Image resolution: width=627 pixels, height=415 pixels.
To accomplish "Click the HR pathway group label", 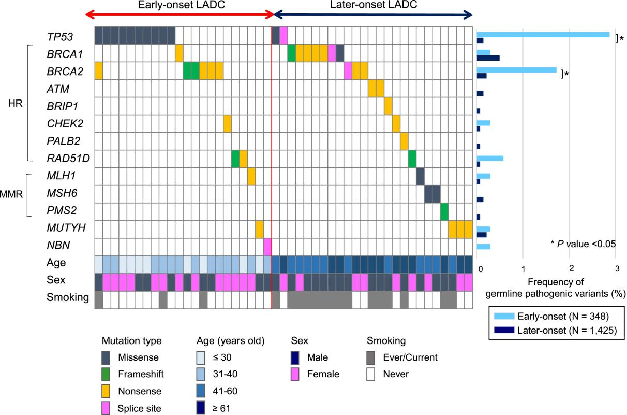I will [14, 104].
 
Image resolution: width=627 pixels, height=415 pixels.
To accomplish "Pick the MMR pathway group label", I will [12, 194].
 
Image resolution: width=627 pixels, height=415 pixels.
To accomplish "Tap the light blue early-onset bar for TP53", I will [543, 34].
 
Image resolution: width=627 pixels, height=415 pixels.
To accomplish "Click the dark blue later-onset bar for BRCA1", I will [488, 58].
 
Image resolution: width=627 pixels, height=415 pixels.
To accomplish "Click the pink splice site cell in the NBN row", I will [267, 247].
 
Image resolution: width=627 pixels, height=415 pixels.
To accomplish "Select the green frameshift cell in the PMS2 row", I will [444, 211].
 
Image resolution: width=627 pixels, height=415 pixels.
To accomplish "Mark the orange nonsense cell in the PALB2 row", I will [404, 141].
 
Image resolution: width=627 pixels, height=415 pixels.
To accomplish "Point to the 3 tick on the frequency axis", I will [616, 268].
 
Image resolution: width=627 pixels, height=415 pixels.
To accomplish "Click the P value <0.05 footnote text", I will [583, 243].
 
